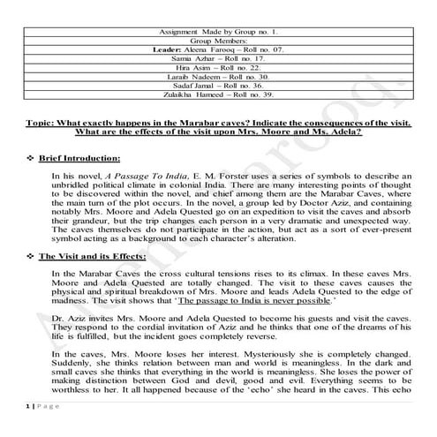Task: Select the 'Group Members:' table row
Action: click(218, 41)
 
